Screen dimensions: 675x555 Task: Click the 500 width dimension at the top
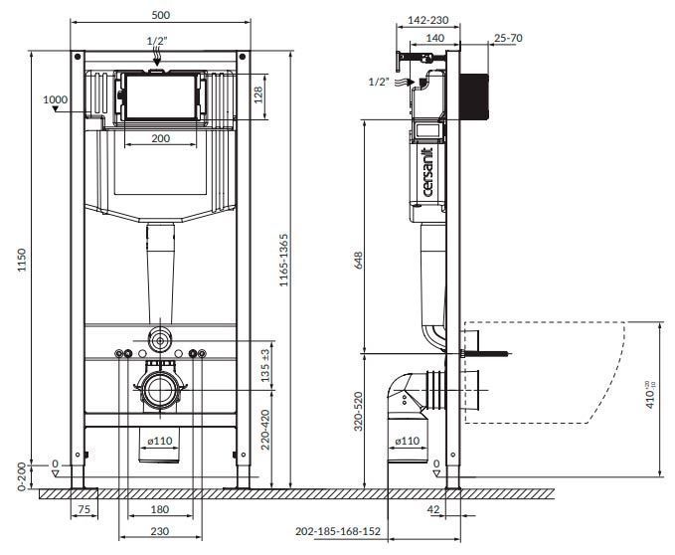pyautogui.click(x=161, y=15)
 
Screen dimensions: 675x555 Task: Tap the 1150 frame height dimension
pyautogui.click(x=22, y=260)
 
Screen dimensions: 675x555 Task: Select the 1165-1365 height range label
pyautogui.click(x=283, y=260)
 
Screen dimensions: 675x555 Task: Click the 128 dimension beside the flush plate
pyautogui.click(x=258, y=95)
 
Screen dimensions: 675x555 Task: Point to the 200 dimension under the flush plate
pyautogui.click(x=161, y=138)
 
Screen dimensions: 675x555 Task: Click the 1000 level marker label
pyautogui.click(x=55, y=99)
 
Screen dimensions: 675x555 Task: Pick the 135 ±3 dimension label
pyautogui.click(x=265, y=365)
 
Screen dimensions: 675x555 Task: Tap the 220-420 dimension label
pyautogui.click(x=265, y=430)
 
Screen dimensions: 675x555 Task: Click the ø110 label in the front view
pyautogui.click(x=160, y=441)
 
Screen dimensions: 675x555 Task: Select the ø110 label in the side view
pyautogui.click(x=408, y=441)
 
